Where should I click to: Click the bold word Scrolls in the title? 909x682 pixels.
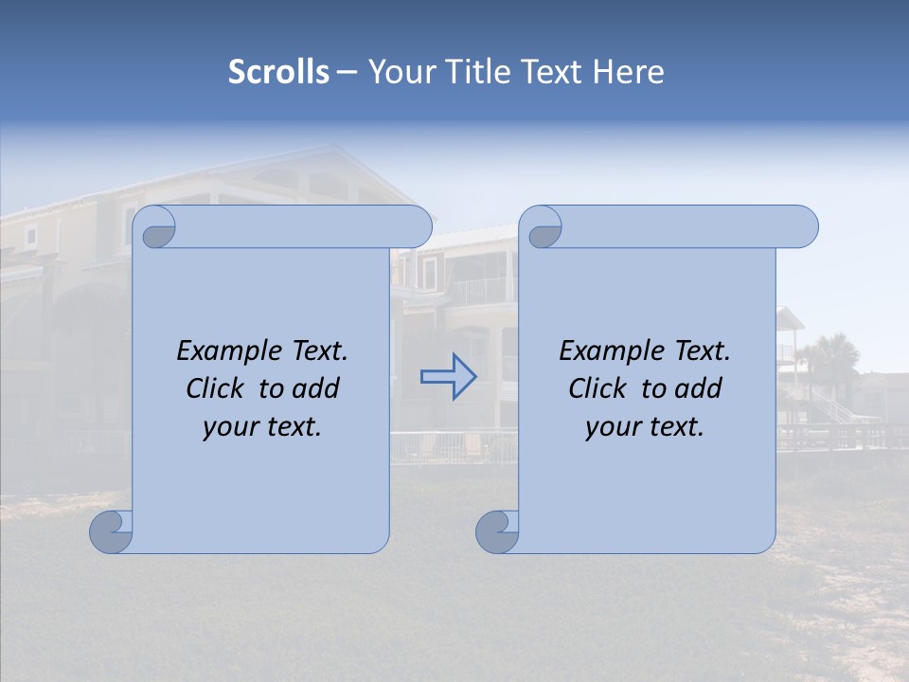click(x=278, y=72)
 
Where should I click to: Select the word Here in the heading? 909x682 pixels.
click(x=629, y=72)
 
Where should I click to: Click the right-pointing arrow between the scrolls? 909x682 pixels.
click(x=448, y=376)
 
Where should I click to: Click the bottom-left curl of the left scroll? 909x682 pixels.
click(x=111, y=531)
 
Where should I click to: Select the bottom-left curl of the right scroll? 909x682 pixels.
click(x=496, y=531)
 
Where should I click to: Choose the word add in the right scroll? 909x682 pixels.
click(x=700, y=389)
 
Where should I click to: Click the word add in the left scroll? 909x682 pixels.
click(x=316, y=389)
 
